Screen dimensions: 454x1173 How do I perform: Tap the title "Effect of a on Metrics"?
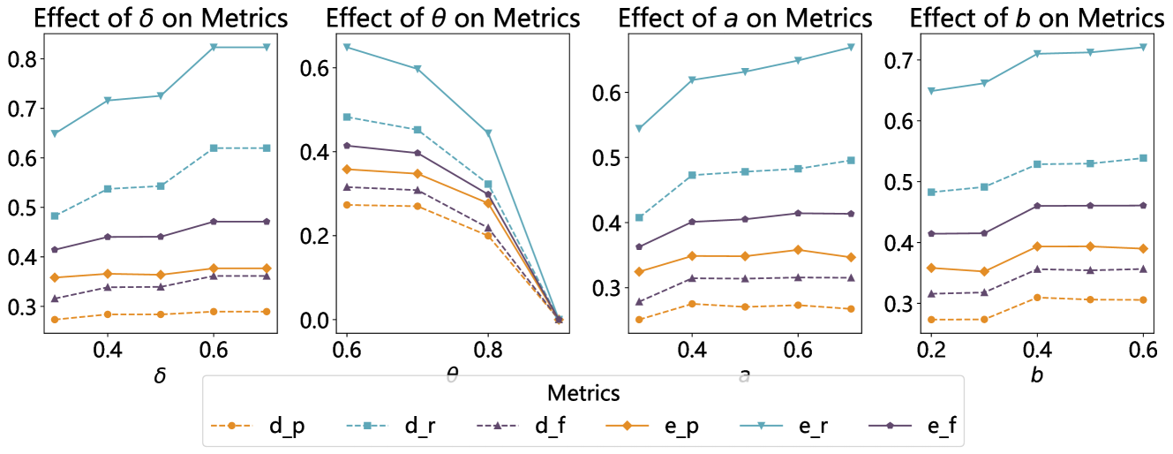[x=745, y=18]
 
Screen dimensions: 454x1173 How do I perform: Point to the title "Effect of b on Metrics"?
[x=1036, y=18]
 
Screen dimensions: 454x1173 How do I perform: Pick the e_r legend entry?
[x=802, y=426]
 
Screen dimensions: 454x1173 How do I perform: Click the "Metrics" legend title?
[x=583, y=392]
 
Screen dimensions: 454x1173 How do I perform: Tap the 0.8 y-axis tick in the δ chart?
[x=20, y=59]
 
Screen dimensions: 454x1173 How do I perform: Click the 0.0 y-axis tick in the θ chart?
[x=319, y=320]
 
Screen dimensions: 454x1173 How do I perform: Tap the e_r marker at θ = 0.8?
[x=487, y=133]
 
